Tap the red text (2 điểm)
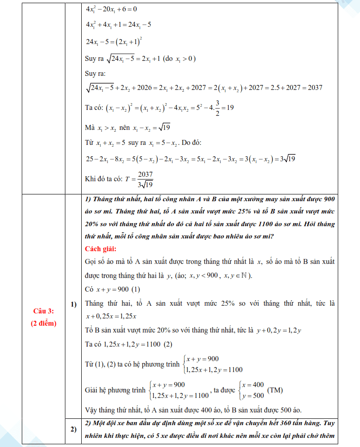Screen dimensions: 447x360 tap(44, 323)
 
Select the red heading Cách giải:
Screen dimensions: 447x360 tap(100, 249)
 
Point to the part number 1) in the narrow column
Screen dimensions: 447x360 tap(73, 303)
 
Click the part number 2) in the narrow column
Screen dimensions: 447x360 tap(73, 429)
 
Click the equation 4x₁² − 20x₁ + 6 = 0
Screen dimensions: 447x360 tap(111, 9)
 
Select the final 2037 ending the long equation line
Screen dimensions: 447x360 tap(315, 88)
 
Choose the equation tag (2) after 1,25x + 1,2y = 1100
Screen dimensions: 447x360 tap(168, 344)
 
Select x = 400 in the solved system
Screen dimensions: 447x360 tap(253, 384)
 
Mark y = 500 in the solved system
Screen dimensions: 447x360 tap(253, 395)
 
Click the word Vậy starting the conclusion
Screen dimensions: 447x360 tap(91, 409)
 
